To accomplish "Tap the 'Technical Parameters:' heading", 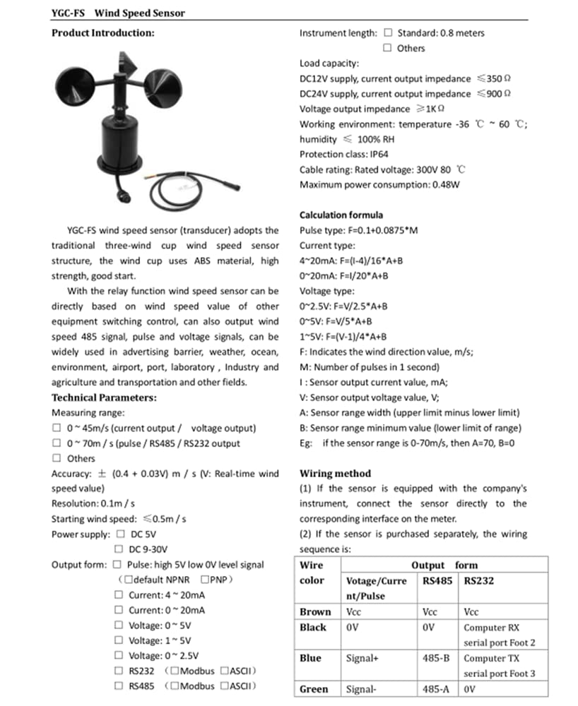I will tap(104, 397).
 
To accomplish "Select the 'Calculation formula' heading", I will tap(341, 215).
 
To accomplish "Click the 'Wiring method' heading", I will tap(336, 473).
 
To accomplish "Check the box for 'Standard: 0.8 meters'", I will tap(388, 32).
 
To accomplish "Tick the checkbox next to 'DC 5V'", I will tap(121, 534).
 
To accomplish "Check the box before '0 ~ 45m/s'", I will tap(57, 428).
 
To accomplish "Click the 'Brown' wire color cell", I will tap(314, 612).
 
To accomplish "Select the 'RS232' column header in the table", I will tap(479, 581).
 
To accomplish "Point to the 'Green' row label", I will tap(314, 689).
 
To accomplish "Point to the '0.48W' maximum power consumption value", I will tap(445, 185).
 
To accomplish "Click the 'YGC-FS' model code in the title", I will tap(69, 13).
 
